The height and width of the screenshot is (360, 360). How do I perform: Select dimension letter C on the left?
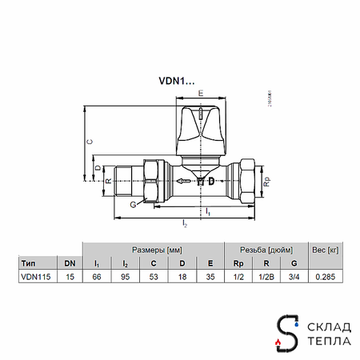(x=90, y=141)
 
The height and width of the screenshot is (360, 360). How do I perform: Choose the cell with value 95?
(x=125, y=277)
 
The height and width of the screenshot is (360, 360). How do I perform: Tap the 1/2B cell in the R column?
(x=266, y=277)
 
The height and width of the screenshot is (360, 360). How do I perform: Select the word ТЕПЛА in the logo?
(x=326, y=342)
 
